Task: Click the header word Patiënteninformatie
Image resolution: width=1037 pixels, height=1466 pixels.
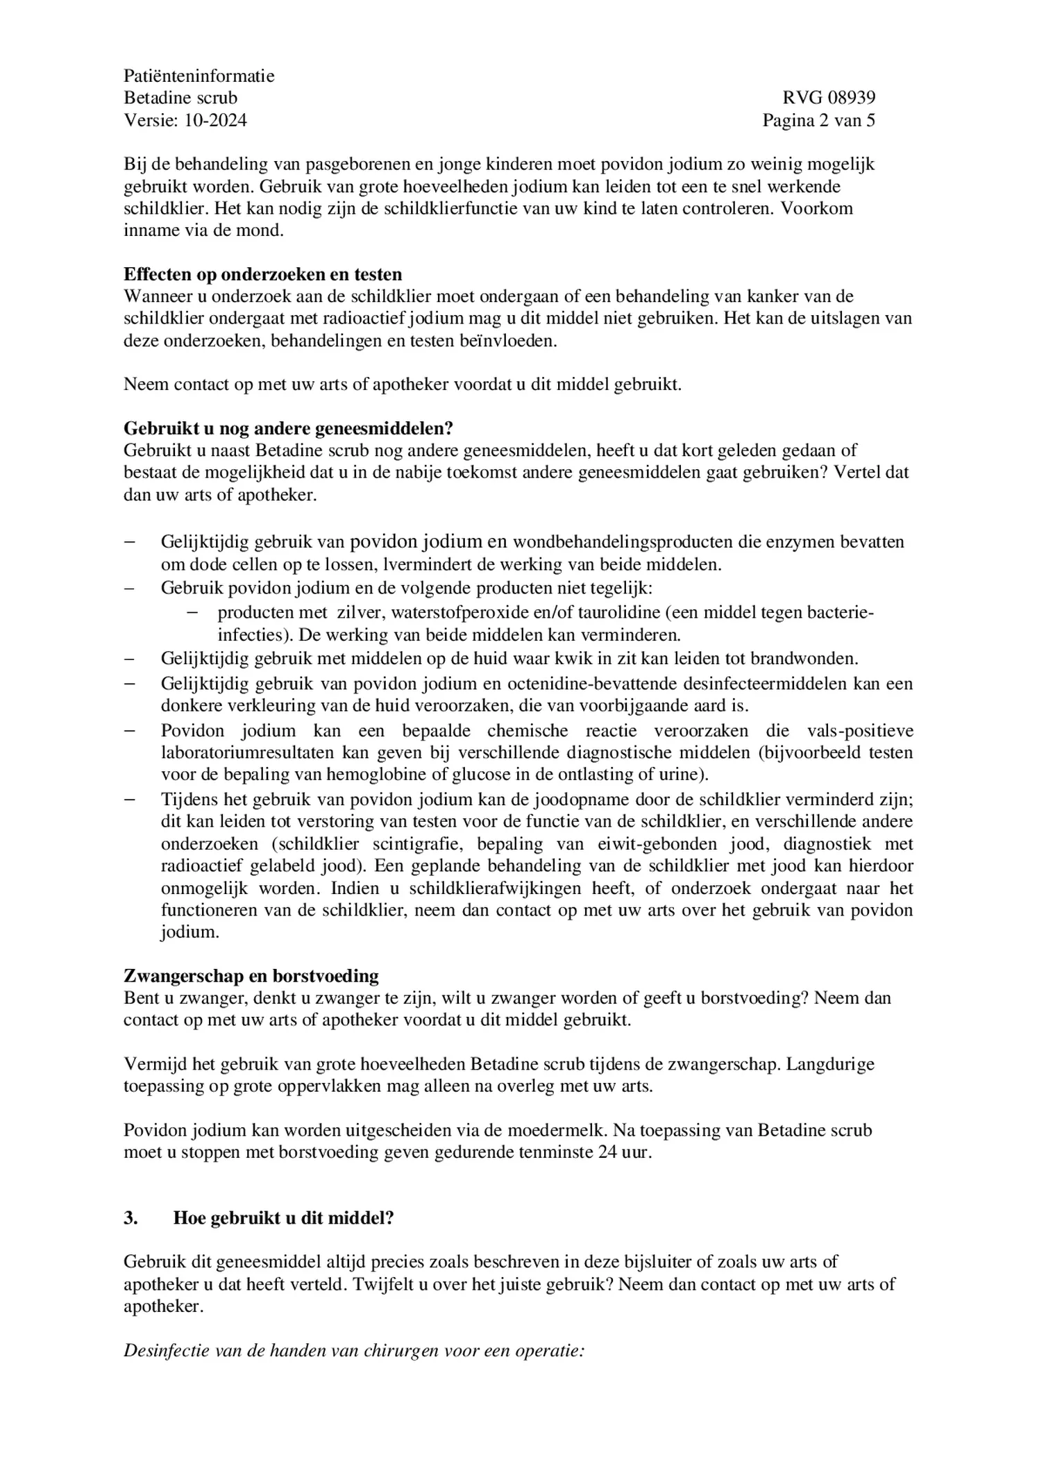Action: (199, 76)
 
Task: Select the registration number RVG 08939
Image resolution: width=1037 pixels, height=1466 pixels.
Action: (829, 98)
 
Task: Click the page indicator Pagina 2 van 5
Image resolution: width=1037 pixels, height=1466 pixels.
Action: (818, 120)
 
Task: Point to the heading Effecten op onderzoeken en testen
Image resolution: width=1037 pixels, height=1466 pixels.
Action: (262, 274)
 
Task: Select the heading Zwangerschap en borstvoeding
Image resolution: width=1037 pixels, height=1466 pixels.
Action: (251, 975)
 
